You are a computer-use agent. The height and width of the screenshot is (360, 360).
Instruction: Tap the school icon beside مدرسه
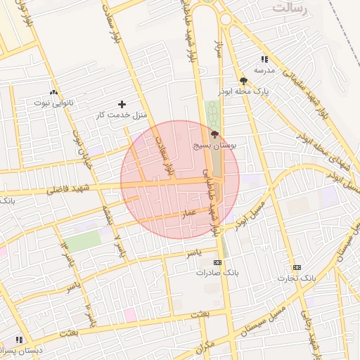(x=264, y=60)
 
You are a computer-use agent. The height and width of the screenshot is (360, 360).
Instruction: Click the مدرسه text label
(x=264, y=70)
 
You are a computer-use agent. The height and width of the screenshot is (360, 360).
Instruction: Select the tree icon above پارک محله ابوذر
(x=243, y=81)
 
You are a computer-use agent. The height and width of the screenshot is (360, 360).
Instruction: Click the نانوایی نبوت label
(x=54, y=103)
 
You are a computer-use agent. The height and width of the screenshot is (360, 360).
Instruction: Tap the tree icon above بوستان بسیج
(x=214, y=134)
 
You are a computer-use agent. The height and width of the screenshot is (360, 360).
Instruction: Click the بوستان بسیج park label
(x=214, y=144)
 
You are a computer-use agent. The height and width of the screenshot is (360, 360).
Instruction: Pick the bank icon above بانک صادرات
(x=217, y=262)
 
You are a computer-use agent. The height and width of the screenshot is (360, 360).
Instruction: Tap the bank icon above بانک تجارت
(x=297, y=267)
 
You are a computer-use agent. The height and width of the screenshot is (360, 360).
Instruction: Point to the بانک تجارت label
(x=297, y=278)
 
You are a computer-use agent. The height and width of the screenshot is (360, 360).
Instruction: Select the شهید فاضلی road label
(x=70, y=188)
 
